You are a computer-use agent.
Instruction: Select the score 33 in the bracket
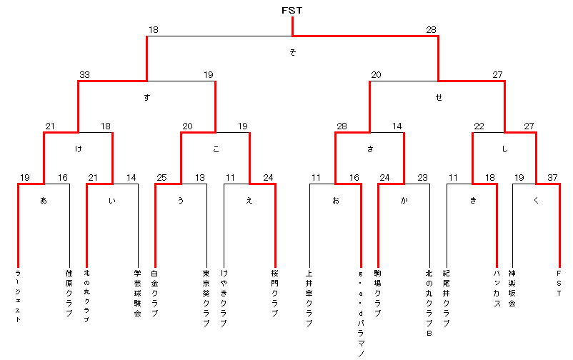[85, 75]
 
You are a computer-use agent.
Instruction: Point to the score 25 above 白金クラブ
[162, 178]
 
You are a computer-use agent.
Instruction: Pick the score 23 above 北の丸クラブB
[422, 178]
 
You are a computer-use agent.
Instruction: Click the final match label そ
[292, 53]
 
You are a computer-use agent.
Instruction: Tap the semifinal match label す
[146, 98]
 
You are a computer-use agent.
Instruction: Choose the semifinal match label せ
[438, 98]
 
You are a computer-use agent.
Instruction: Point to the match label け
[78, 149]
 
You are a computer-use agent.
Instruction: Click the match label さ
[369, 149]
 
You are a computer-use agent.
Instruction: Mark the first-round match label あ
[44, 201]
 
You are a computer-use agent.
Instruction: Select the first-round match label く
[536, 201]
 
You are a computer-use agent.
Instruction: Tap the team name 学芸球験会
[138, 293]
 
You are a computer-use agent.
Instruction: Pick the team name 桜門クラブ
[275, 293]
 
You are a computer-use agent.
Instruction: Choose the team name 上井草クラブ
[309, 298]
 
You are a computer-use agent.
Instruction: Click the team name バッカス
[497, 288]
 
